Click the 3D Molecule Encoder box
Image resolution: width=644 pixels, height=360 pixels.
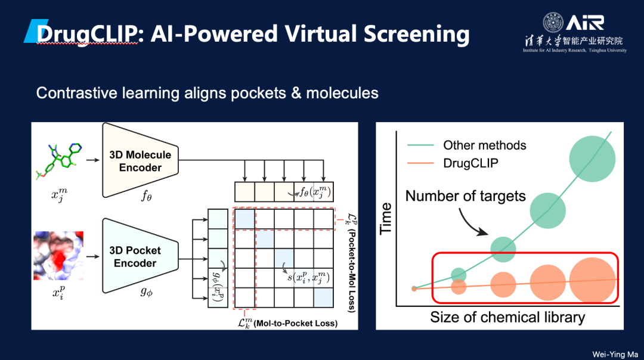[x=140, y=161]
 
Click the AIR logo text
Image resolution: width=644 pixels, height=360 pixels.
[x=585, y=23]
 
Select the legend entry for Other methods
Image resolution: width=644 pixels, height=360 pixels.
[x=484, y=145]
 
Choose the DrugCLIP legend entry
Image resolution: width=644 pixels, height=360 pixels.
[x=470, y=163]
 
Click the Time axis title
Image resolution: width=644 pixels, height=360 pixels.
[x=386, y=218]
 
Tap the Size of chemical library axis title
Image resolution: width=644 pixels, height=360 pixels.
[x=507, y=316]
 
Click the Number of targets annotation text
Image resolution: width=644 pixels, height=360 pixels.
[x=466, y=195]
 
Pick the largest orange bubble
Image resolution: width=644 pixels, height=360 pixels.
[x=592, y=281]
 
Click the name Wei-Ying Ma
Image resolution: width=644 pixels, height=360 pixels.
[x=614, y=354]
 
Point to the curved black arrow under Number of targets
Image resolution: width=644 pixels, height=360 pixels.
[x=478, y=224]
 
